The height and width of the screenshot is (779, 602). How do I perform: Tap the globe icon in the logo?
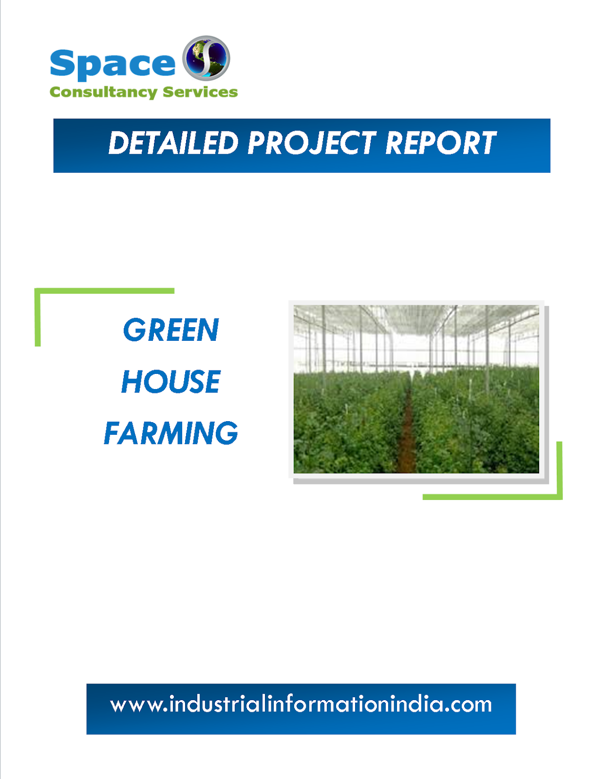[x=206, y=57]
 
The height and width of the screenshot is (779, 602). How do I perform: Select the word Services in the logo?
[x=200, y=92]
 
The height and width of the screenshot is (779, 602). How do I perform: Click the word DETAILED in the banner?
[x=173, y=144]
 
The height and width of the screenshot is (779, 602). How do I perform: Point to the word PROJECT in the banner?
[x=312, y=144]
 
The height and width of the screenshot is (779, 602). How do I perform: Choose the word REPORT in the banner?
[x=441, y=144]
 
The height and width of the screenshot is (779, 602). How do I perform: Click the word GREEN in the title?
[x=171, y=330]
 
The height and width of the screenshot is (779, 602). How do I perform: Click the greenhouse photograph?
[x=416, y=389]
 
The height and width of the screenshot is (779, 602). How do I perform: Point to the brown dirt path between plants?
[x=406, y=438]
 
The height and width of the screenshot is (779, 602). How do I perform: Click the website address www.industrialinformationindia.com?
[x=301, y=705]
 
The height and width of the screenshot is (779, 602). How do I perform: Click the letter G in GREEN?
[x=134, y=330]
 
